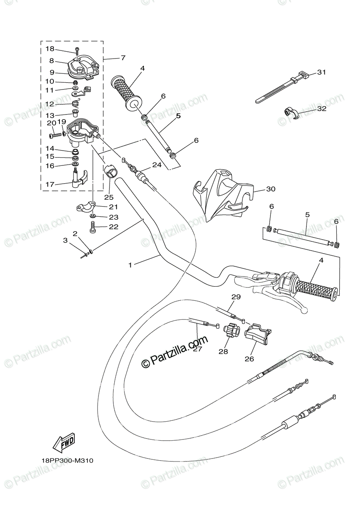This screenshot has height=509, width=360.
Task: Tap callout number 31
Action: tap(321, 73)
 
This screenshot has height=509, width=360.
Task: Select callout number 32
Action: tap(321, 109)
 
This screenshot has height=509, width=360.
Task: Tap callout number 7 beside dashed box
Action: tap(111, 57)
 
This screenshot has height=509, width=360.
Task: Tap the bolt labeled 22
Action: tap(93, 229)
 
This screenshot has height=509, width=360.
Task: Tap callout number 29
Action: tap(236, 297)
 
